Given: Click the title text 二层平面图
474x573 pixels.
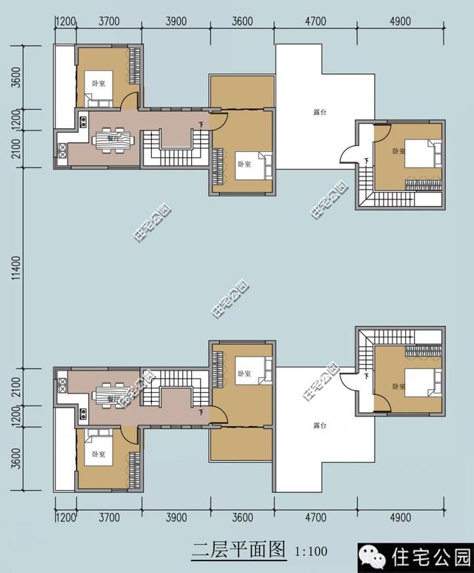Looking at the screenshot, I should point(238,550).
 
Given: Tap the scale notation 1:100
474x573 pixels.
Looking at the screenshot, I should point(310,552).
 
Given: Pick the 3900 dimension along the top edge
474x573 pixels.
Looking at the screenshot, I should point(176,21).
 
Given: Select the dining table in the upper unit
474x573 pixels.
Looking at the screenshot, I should point(113,139).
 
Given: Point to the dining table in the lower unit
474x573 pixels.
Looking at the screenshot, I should point(113,394).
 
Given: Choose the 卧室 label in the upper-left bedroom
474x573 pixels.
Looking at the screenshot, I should point(98,83).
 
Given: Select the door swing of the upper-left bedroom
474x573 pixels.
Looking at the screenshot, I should point(130,103).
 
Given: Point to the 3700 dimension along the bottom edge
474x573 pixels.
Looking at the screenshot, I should point(109,517).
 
